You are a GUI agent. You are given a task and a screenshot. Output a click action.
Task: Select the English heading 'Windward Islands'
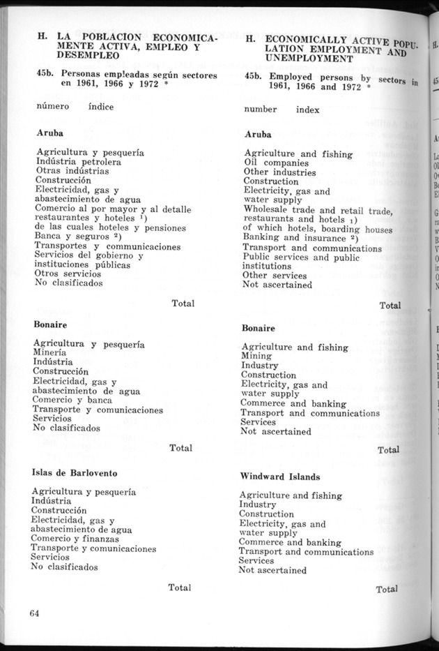click(x=279, y=477)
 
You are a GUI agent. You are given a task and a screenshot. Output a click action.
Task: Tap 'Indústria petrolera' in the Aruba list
click(x=78, y=161)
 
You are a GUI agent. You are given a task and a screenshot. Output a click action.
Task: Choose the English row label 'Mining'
click(x=256, y=356)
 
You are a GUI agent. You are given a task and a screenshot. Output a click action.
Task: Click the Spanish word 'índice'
click(x=101, y=107)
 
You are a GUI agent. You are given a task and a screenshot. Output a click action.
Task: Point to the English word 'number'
click(x=260, y=109)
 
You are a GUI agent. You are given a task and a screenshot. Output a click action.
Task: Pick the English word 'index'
click(x=307, y=110)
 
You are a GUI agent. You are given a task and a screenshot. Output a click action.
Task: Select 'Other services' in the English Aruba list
click(x=275, y=275)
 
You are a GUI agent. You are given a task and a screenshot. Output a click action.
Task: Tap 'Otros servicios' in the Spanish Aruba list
click(x=68, y=274)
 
